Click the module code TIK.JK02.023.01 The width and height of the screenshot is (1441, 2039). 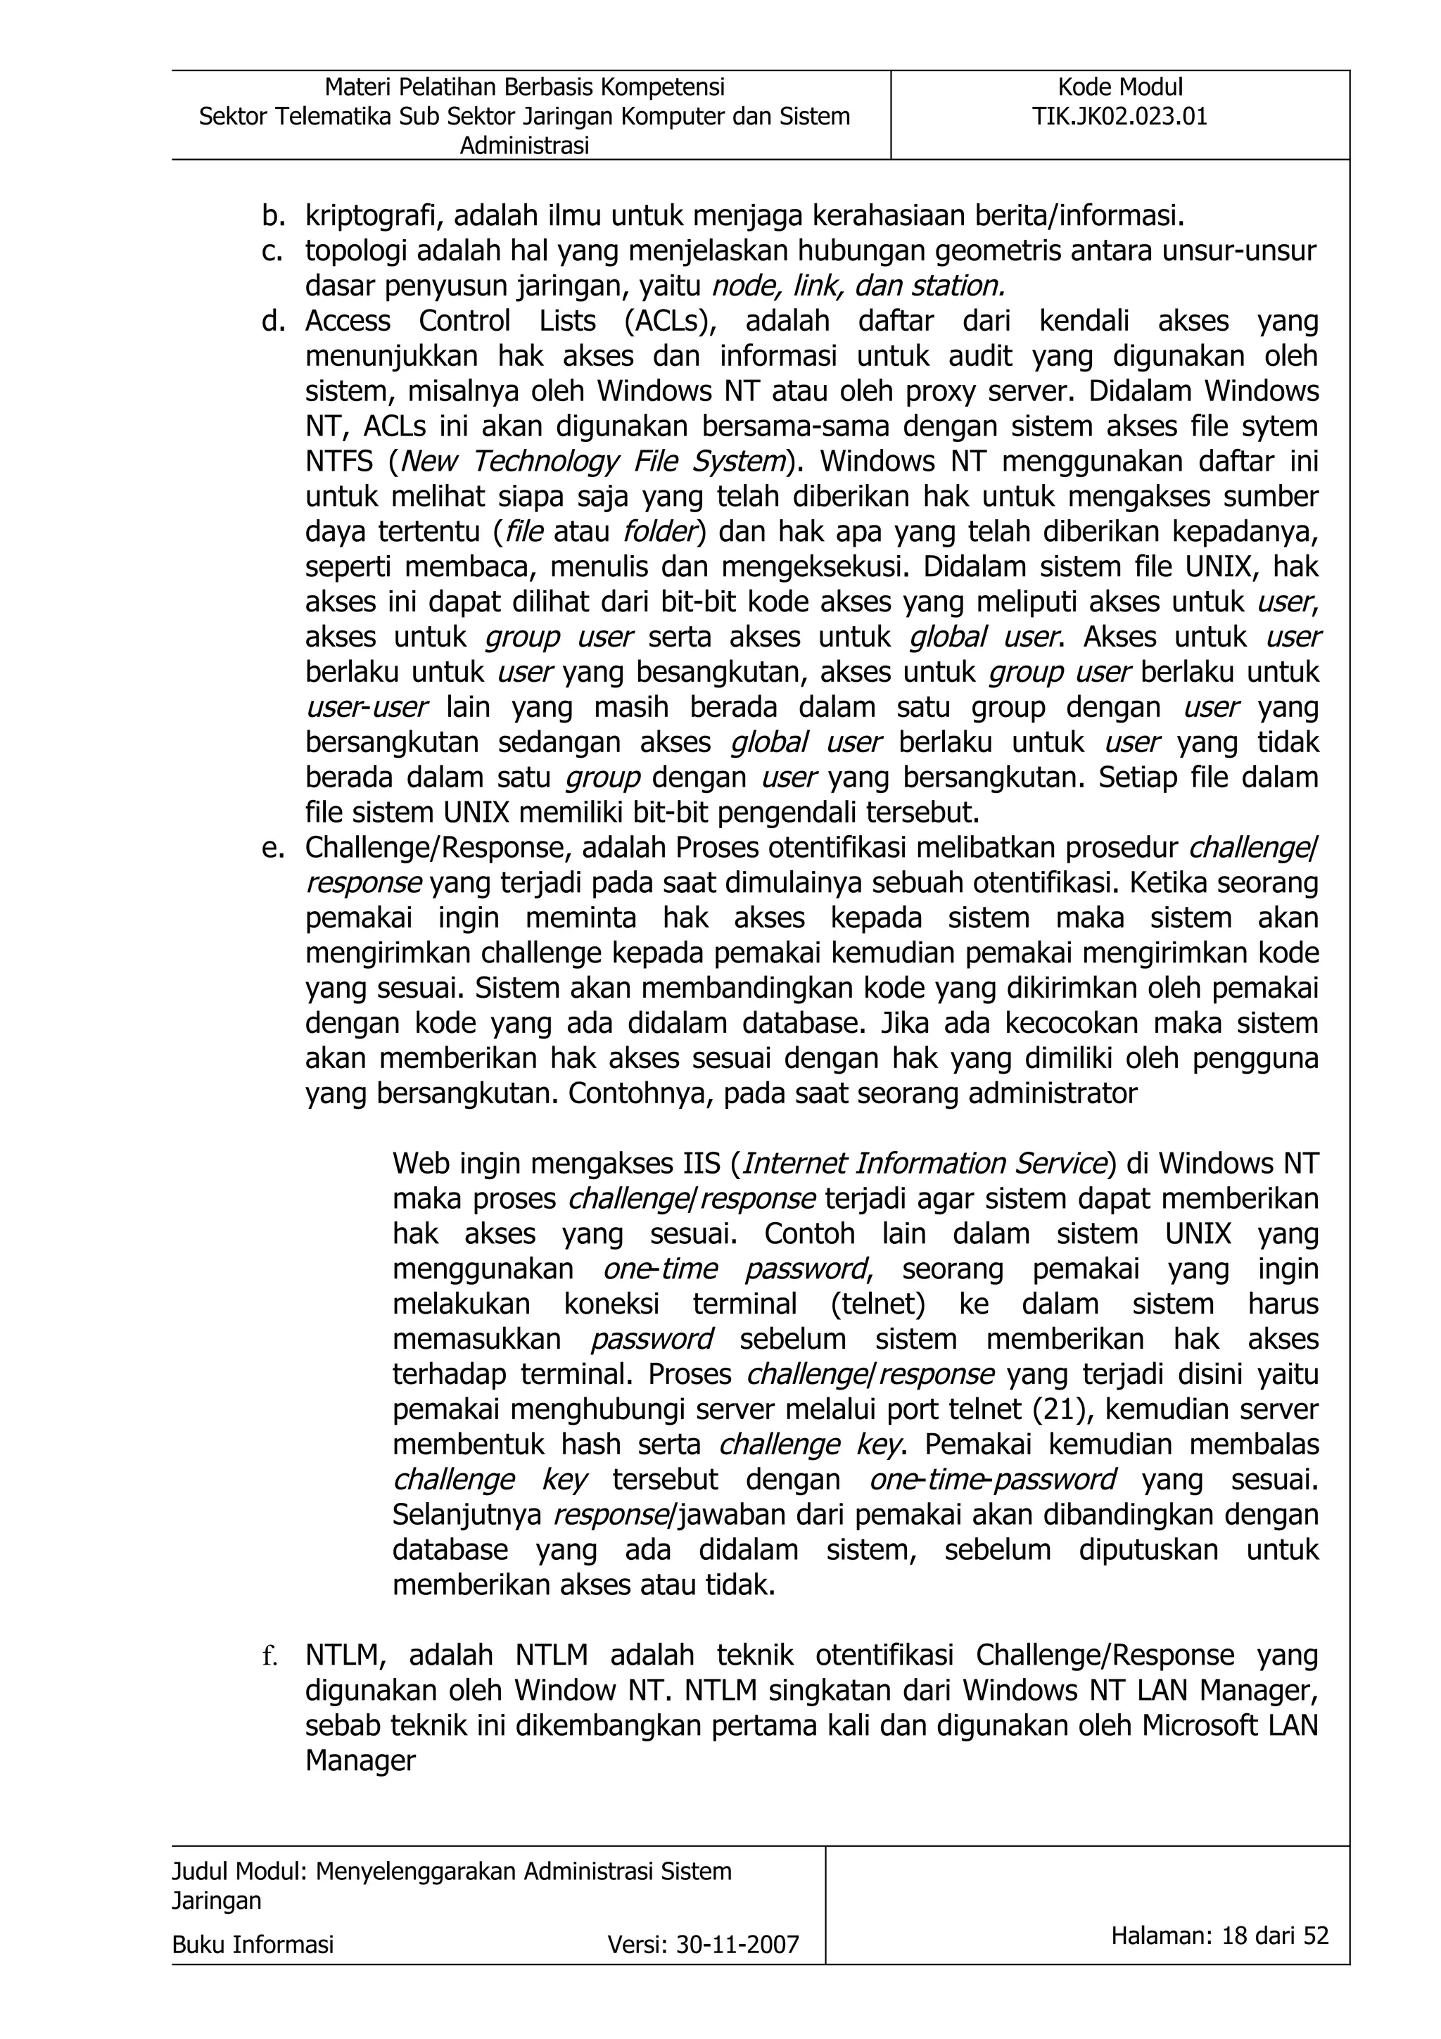(1119, 116)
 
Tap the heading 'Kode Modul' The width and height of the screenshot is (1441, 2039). (1119, 87)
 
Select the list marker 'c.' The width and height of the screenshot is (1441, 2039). (272, 251)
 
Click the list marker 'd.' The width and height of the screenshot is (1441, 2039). (272, 321)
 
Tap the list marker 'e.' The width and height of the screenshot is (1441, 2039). (272, 848)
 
